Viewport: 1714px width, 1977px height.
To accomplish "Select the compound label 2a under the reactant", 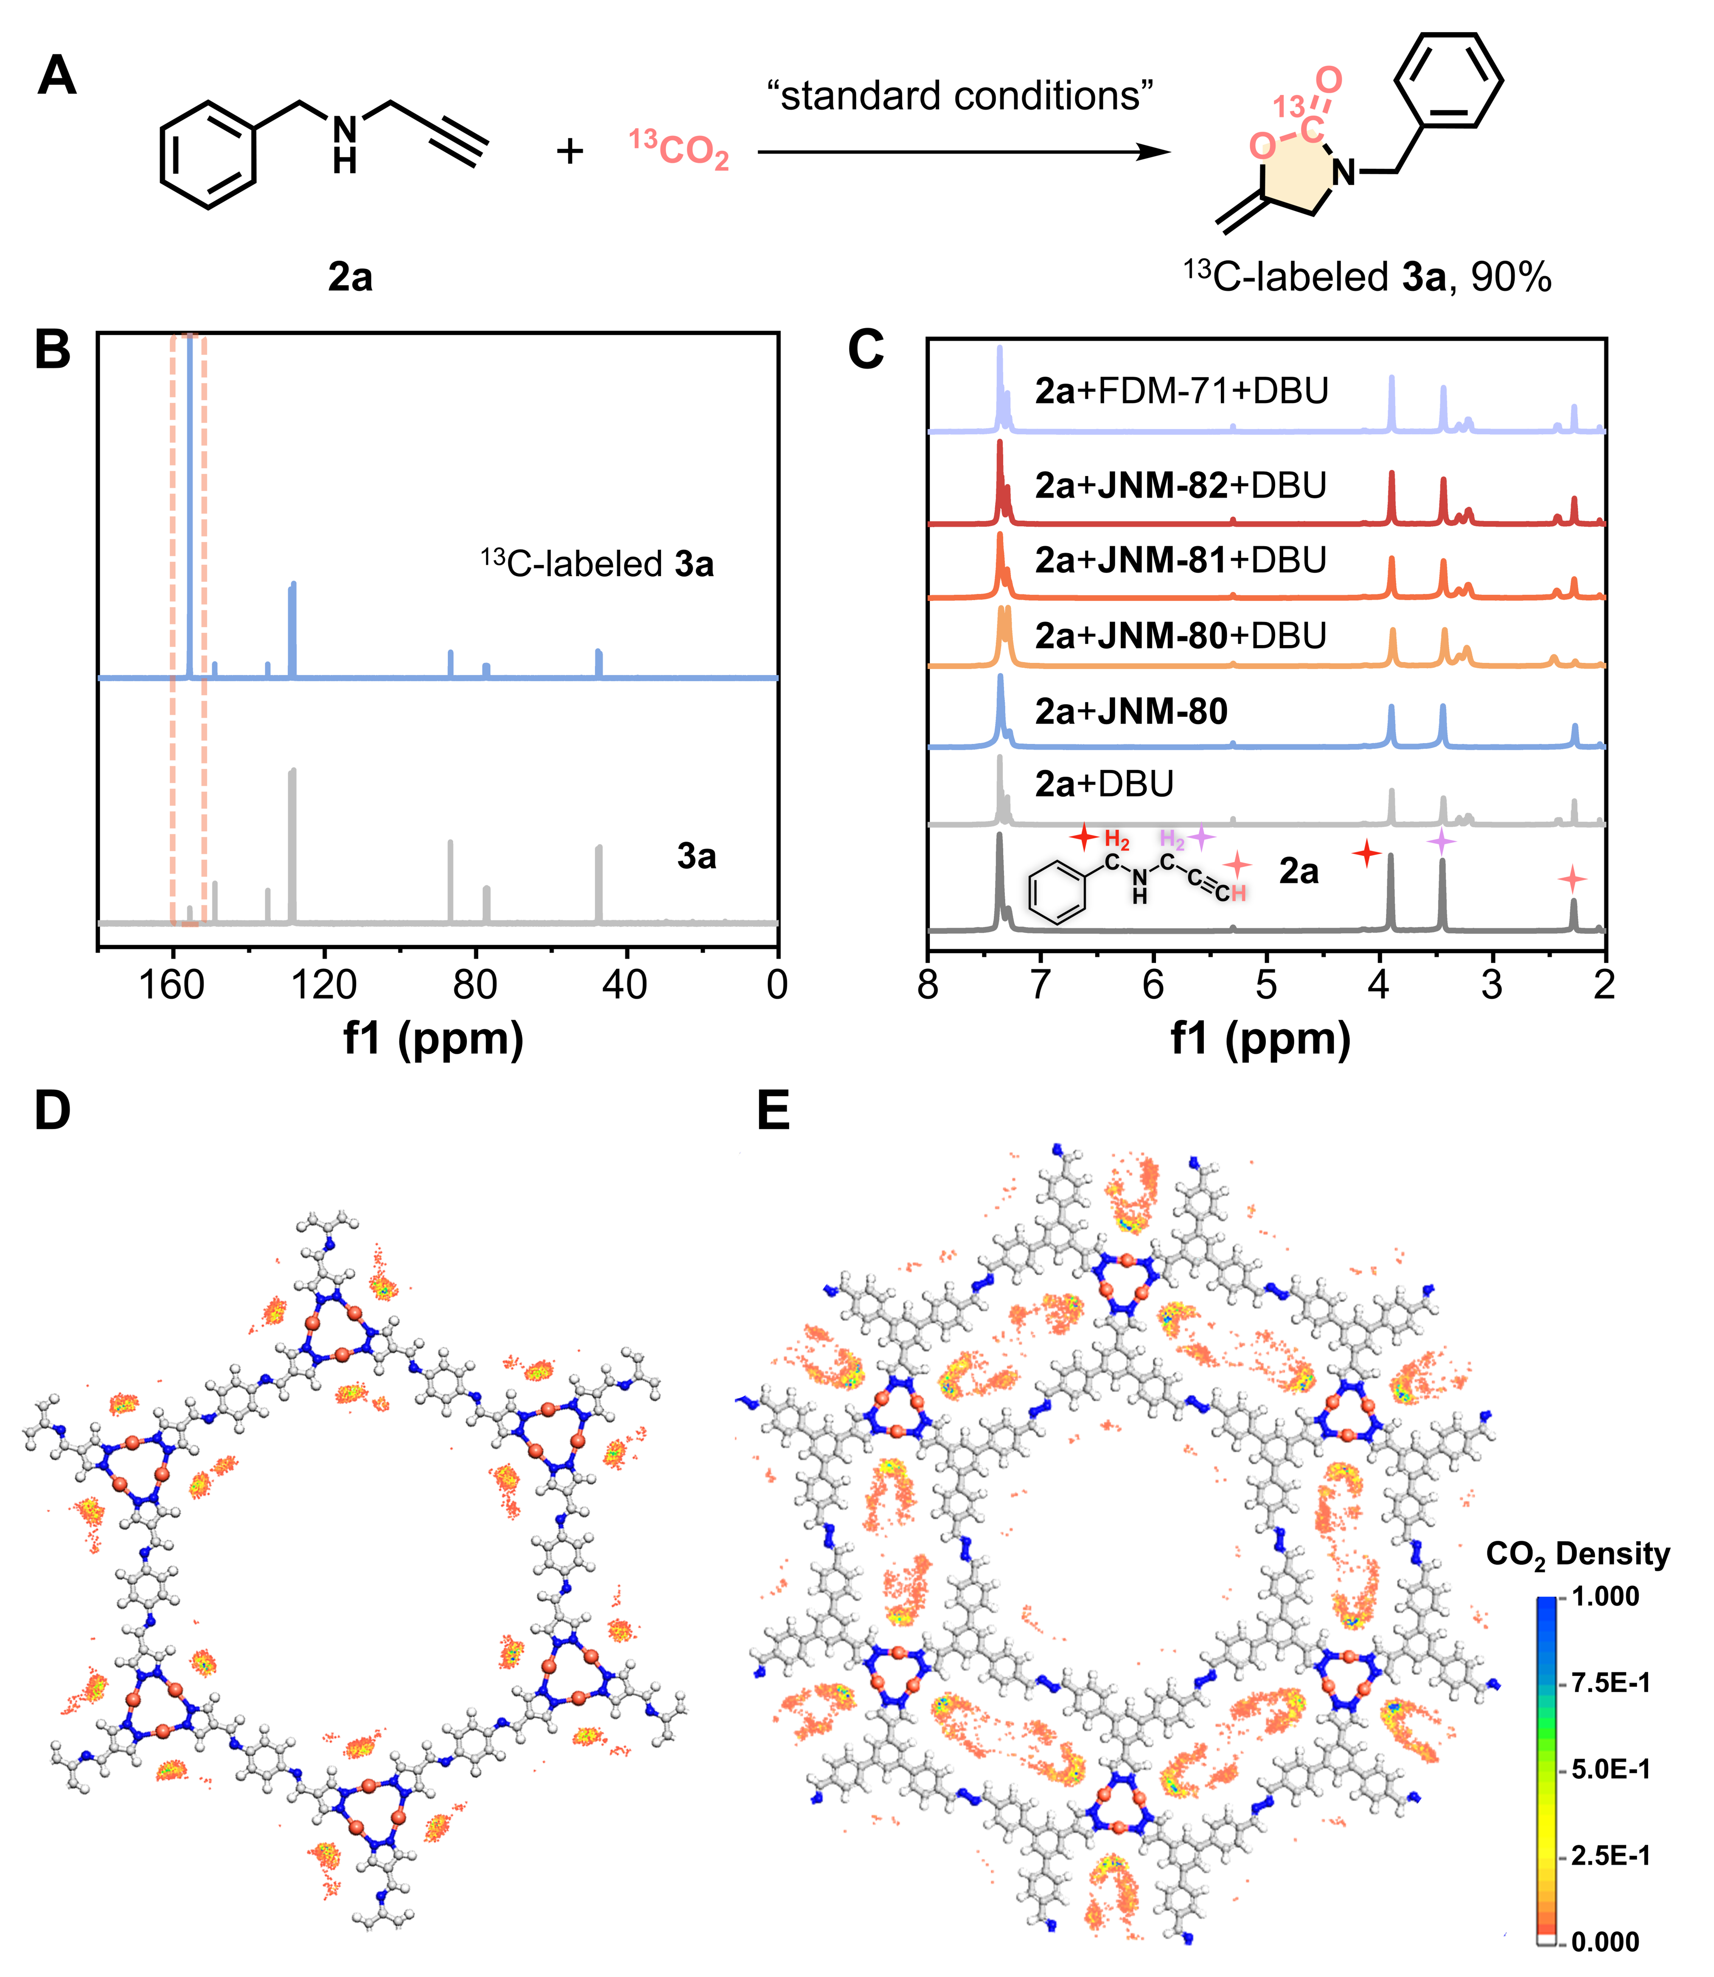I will (350, 278).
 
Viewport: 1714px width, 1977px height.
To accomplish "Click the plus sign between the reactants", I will (570, 151).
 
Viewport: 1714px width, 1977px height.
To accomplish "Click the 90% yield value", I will (1511, 278).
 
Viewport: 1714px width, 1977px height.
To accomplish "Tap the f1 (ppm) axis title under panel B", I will (433, 1038).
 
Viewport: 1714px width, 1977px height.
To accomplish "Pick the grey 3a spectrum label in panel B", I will (696, 856).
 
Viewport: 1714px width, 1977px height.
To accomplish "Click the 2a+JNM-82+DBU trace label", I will (1181, 486).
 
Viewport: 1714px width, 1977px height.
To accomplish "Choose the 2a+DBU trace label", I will (1105, 784).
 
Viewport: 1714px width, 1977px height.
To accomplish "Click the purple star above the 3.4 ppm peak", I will (1442, 842).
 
